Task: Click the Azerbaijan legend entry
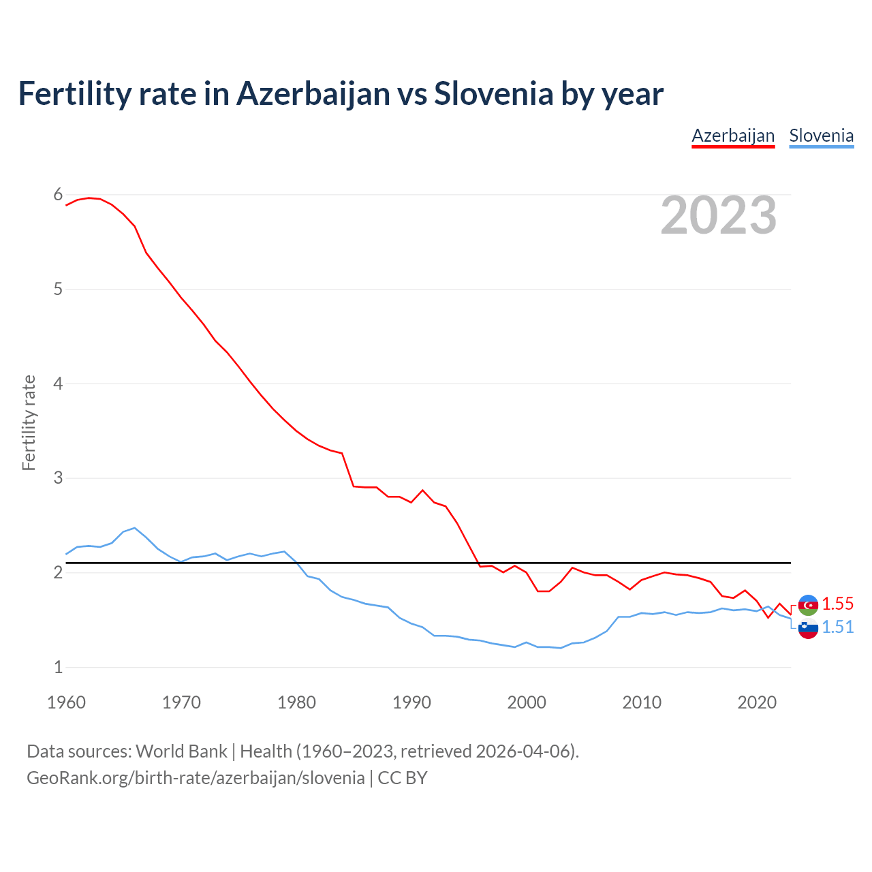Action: click(733, 136)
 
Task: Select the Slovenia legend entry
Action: click(821, 136)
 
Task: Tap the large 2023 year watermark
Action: click(719, 215)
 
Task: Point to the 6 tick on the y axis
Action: click(58, 195)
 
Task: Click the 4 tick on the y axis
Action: click(58, 384)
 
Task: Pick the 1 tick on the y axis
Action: click(58, 667)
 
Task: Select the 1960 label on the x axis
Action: click(66, 702)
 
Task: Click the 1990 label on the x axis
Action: click(411, 702)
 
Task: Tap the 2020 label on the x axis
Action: click(757, 702)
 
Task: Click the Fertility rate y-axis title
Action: click(29, 422)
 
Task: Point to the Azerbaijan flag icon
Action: click(808, 604)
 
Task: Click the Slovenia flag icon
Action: click(808, 629)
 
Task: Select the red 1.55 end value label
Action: click(837, 604)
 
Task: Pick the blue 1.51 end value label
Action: click(837, 627)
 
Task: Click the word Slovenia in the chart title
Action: click(493, 94)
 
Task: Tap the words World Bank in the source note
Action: click(181, 751)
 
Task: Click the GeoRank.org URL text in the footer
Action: click(196, 778)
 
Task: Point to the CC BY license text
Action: click(403, 778)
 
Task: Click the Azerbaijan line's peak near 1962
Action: click(89, 198)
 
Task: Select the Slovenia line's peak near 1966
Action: click(135, 528)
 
